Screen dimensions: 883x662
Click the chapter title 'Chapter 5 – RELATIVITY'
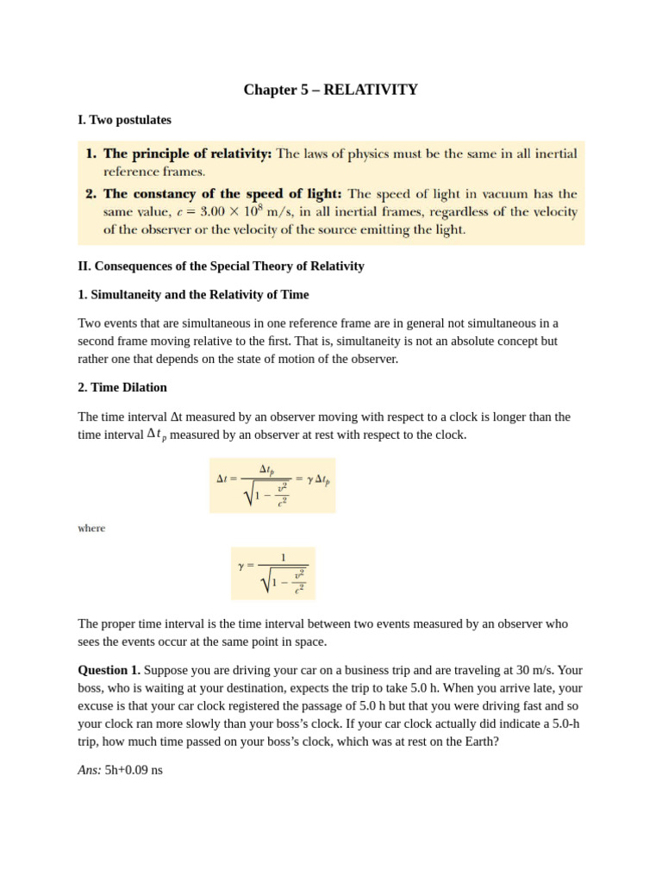330,90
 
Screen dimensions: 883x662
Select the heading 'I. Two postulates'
124,120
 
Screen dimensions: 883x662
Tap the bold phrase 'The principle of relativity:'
187,153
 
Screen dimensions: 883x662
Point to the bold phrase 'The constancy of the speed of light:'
222,194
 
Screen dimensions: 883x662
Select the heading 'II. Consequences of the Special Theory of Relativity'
221,266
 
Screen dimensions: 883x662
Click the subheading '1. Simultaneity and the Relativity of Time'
193,294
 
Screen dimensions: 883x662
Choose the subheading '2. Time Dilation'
122,387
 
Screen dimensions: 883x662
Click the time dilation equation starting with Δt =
272,485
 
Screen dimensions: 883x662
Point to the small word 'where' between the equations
91,529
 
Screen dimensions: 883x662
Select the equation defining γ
272,573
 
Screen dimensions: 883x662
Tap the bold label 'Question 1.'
109,669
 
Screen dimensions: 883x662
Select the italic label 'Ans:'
90,769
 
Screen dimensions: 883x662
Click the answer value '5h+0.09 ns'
134,769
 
